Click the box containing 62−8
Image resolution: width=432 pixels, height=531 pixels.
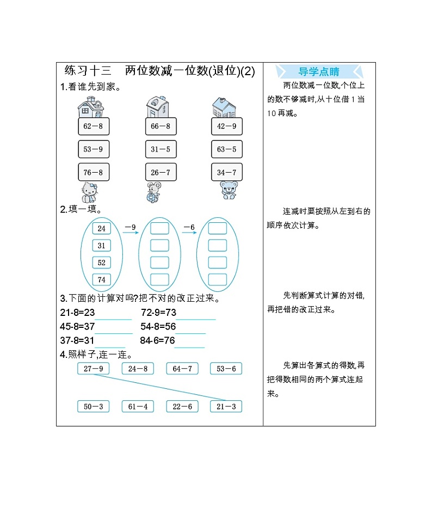[93, 126]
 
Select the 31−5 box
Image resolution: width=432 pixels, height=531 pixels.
[161, 149]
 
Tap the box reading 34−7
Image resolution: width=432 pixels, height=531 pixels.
[227, 173]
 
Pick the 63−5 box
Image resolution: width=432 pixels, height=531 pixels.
[227, 149]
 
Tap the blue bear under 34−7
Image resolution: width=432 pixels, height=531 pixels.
[229, 190]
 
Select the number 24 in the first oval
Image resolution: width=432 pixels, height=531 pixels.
[101, 229]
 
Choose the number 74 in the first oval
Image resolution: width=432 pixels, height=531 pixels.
[101, 279]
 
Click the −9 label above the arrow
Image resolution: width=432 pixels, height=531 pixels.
[130, 227]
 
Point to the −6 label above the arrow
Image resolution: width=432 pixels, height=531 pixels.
[189, 227]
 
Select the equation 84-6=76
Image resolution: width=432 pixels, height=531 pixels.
[157, 340]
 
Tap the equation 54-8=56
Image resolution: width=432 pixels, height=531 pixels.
[158, 327]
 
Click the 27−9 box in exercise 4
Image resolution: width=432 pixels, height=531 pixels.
[94, 369]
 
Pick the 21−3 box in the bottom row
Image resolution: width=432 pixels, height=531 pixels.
[226, 406]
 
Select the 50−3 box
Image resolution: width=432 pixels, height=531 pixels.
[94, 406]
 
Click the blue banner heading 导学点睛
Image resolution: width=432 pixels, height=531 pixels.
[319, 71]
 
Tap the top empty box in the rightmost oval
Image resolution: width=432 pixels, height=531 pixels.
[218, 228]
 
